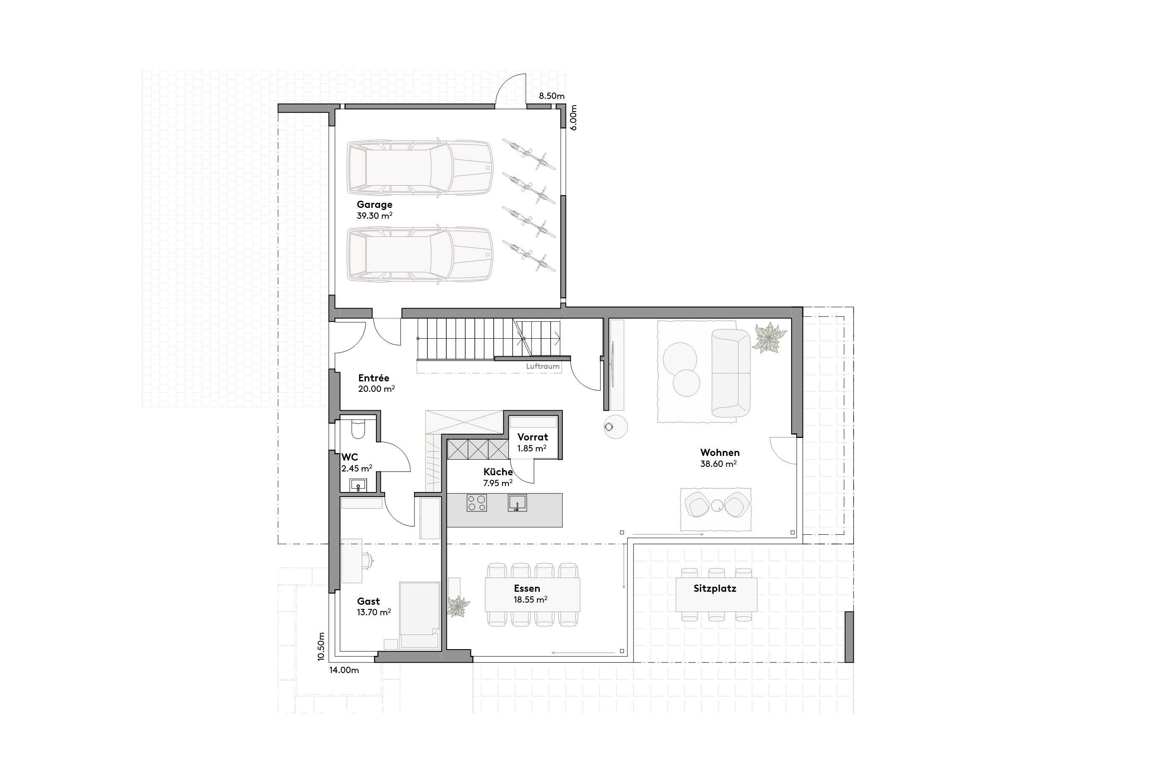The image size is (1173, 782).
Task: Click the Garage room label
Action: (x=374, y=205)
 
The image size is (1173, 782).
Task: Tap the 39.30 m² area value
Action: (x=374, y=216)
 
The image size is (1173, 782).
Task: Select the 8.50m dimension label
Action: (x=552, y=96)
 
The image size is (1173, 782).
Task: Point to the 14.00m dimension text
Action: (x=344, y=670)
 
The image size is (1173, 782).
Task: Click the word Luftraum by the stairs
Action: (x=543, y=367)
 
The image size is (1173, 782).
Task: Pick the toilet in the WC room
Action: (x=357, y=429)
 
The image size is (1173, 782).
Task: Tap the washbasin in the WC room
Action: (x=358, y=485)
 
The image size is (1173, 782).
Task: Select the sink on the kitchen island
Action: (x=517, y=503)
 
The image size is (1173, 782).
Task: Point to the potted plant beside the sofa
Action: (x=769, y=338)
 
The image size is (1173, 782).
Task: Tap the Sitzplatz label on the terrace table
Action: (x=715, y=588)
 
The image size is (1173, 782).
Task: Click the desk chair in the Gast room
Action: (x=368, y=560)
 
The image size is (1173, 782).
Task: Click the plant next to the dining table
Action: (x=457, y=606)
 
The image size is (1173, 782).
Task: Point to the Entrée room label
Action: (x=373, y=378)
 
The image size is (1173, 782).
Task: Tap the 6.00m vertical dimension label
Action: (x=574, y=118)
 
